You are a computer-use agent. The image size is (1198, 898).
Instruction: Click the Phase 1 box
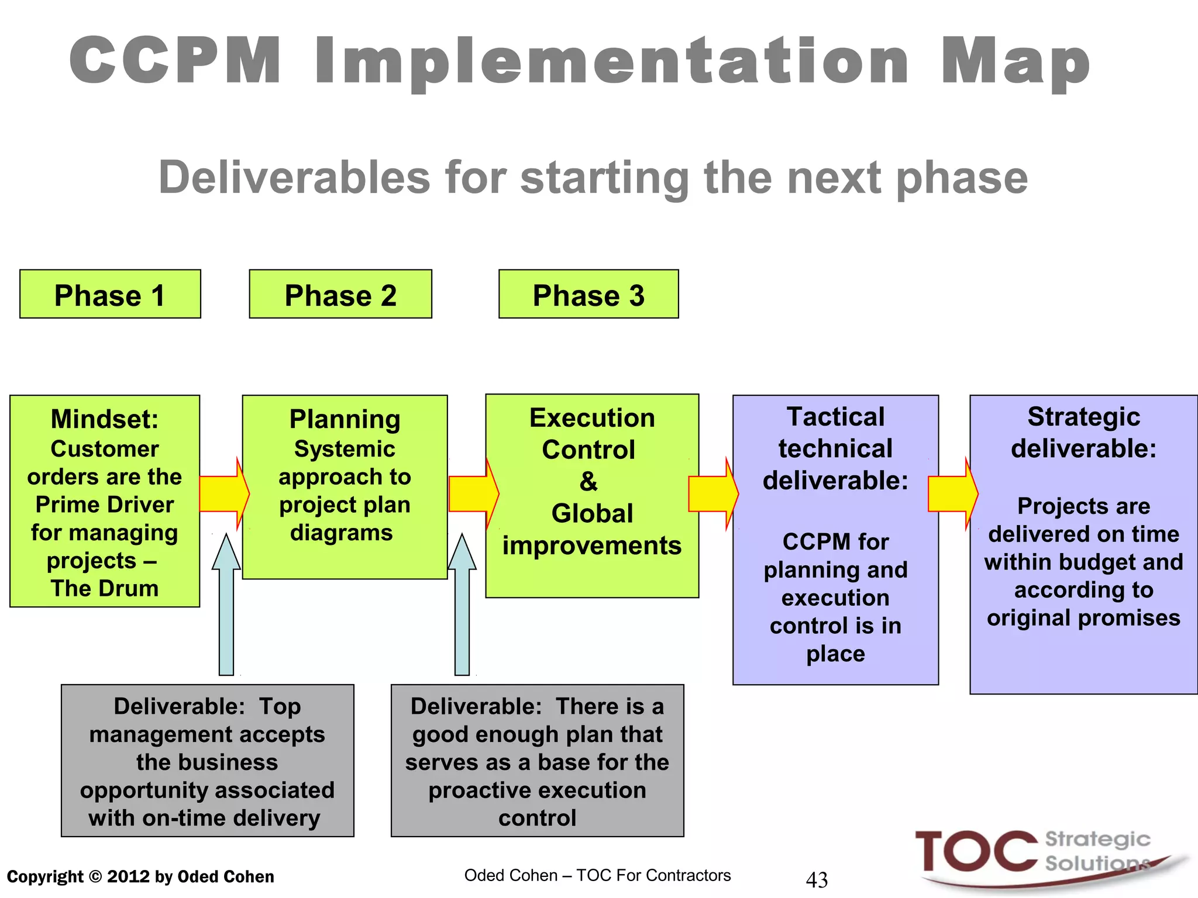pyautogui.click(x=110, y=294)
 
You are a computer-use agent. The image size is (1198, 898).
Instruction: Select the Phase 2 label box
pyautogui.click(x=340, y=294)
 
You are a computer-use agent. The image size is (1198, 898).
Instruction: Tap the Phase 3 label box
pyautogui.click(x=588, y=294)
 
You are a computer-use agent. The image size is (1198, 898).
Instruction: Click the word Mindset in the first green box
pyautogui.click(x=104, y=419)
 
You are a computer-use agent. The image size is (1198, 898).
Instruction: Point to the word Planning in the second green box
pyautogui.click(x=345, y=419)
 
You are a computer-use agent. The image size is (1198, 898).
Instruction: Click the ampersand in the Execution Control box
pyautogui.click(x=588, y=482)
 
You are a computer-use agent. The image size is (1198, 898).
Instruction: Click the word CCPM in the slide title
pyautogui.click(x=175, y=60)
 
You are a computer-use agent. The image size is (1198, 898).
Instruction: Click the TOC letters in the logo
pyautogui.click(x=975, y=852)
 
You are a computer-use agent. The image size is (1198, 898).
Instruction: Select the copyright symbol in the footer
pyautogui.click(x=95, y=877)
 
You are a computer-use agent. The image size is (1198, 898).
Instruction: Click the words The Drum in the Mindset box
pyautogui.click(x=104, y=588)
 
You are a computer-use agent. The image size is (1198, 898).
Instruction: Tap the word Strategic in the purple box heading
pyautogui.click(x=1083, y=417)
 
